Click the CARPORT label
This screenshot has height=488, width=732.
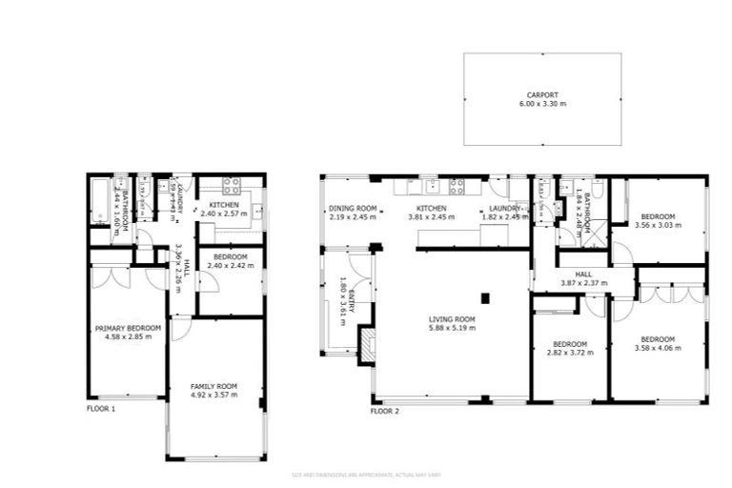click(541, 94)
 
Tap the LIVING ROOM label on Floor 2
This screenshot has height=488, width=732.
click(452, 319)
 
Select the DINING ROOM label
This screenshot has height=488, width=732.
click(352, 208)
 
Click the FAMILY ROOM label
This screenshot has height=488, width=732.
click(213, 386)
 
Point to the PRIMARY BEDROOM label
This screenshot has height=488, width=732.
click(128, 328)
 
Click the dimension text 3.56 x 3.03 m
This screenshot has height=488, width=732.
click(657, 226)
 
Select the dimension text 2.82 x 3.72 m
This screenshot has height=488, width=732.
click(569, 352)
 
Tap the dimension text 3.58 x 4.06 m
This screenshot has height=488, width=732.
click(658, 348)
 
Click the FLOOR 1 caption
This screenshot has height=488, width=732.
click(101, 409)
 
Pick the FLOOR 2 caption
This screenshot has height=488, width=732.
click(384, 412)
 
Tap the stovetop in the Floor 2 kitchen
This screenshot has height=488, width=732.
click(457, 186)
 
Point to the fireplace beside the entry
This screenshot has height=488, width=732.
click(366, 344)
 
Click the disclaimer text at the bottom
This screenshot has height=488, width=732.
click(365, 475)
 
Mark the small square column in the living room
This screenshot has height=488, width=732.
click(485, 298)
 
